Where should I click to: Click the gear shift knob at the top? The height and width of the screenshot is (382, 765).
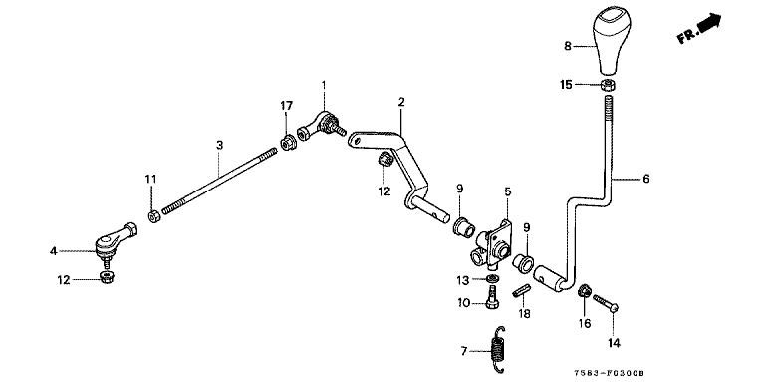(612, 42)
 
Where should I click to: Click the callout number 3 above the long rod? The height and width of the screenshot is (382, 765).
(219, 145)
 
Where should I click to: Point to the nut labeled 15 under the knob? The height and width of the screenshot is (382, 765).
(608, 85)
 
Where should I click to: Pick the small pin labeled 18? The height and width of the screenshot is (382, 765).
(521, 291)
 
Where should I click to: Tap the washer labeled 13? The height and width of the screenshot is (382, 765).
(493, 279)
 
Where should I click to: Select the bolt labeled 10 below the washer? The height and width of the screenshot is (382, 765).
(492, 297)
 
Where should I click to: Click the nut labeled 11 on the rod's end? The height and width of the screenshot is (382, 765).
(154, 216)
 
